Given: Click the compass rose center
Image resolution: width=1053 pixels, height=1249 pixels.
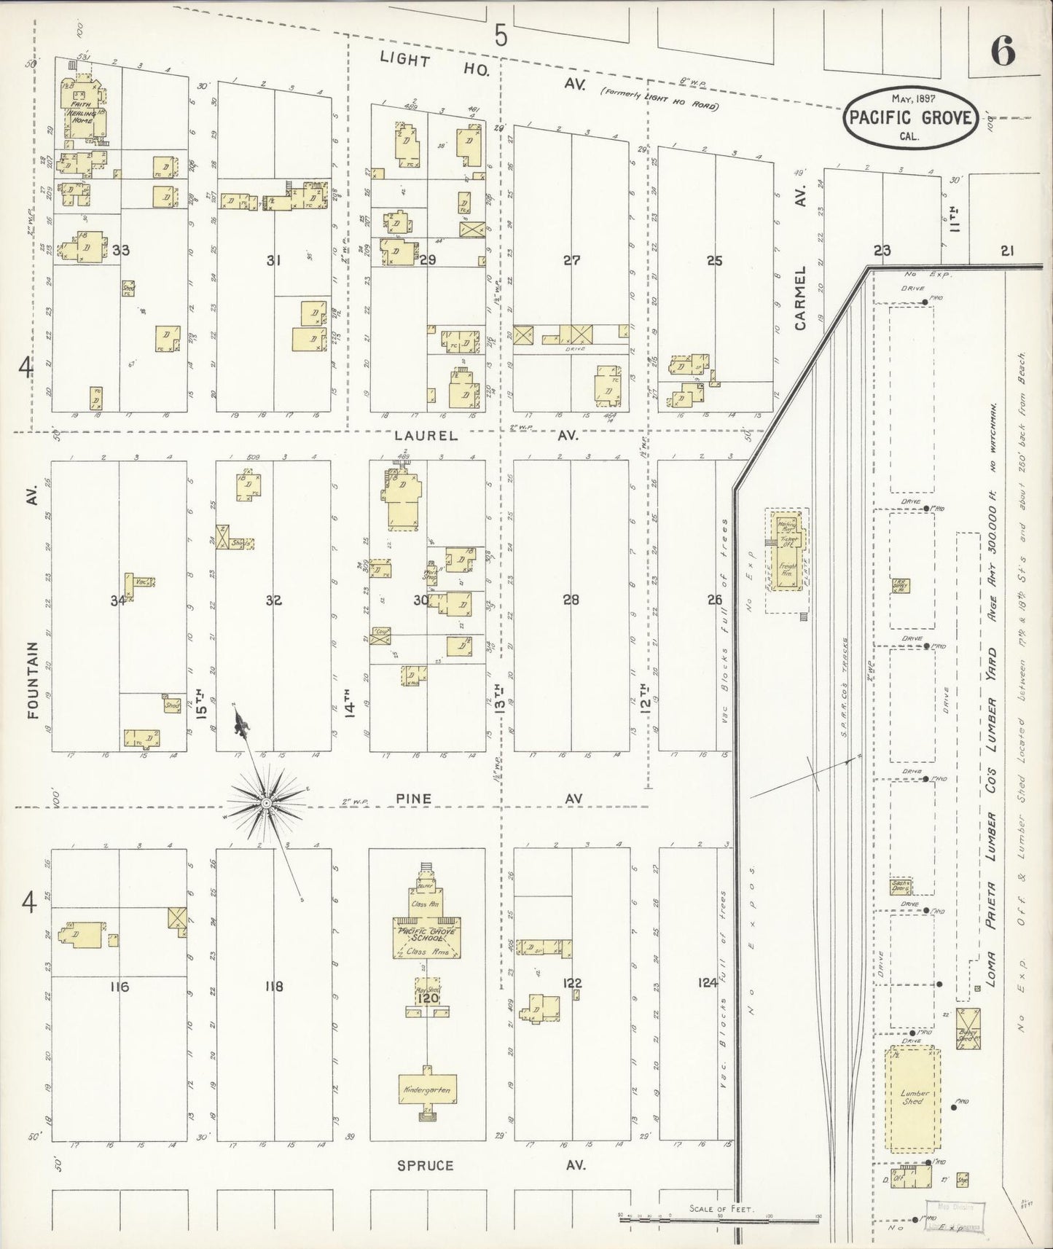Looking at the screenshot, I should pos(266,802).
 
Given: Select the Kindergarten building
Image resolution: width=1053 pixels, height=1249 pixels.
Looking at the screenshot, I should pos(427,1089).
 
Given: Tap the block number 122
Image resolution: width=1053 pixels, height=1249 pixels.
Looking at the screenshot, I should pos(573,983).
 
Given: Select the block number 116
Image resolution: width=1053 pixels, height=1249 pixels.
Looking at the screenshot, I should pos(119,987).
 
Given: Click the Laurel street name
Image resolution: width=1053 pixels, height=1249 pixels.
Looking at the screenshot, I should pos(426,436).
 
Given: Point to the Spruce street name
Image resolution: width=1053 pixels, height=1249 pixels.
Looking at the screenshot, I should pos(425,1165).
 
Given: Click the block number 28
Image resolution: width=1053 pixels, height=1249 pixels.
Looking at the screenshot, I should pos(571,600).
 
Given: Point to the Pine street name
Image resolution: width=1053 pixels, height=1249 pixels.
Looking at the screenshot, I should pos(413,799).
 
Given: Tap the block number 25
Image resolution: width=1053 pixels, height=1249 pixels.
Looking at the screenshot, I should pos(714,260).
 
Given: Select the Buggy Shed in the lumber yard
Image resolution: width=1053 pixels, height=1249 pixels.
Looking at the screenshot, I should pos(968,1028).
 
